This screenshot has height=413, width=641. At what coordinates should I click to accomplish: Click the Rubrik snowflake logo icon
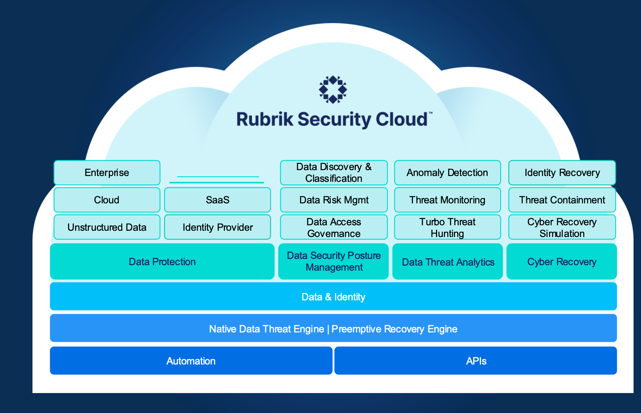(x=333, y=90)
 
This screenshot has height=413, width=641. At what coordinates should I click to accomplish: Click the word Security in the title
(x=335, y=120)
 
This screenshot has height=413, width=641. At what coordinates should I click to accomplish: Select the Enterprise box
(x=107, y=172)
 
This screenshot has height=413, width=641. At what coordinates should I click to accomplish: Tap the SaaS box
(x=218, y=200)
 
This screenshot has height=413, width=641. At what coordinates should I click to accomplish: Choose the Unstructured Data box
(x=107, y=227)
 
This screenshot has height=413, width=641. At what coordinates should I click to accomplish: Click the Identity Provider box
(x=218, y=227)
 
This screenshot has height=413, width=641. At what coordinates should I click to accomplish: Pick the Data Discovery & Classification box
(x=334, y=172)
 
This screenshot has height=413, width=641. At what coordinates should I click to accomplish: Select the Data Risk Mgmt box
(x=334, y=200)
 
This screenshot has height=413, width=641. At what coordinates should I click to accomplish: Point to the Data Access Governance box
(x=334, y=227)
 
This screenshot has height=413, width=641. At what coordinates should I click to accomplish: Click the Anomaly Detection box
(x=447, y=172)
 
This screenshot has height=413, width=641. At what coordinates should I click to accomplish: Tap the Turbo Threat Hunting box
(x=447, y=227)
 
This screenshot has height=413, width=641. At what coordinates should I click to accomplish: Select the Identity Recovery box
(x=562, y=172)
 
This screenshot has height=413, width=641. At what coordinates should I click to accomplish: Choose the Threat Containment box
(x=562, y=200)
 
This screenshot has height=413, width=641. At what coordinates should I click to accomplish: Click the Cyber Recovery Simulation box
(x=562, y=227)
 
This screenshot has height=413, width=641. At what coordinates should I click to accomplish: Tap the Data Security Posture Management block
(x=333, y=261)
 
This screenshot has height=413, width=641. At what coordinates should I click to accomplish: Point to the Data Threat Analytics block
(x=448, y=262)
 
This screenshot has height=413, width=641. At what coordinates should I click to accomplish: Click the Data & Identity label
(x=333, y=297)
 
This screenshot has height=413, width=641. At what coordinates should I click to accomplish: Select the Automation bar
(x=191, y=361)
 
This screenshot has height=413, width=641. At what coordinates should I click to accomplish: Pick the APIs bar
(x=476, y=361)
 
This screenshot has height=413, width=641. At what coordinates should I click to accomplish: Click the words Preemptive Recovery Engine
(x=394, y=329)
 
